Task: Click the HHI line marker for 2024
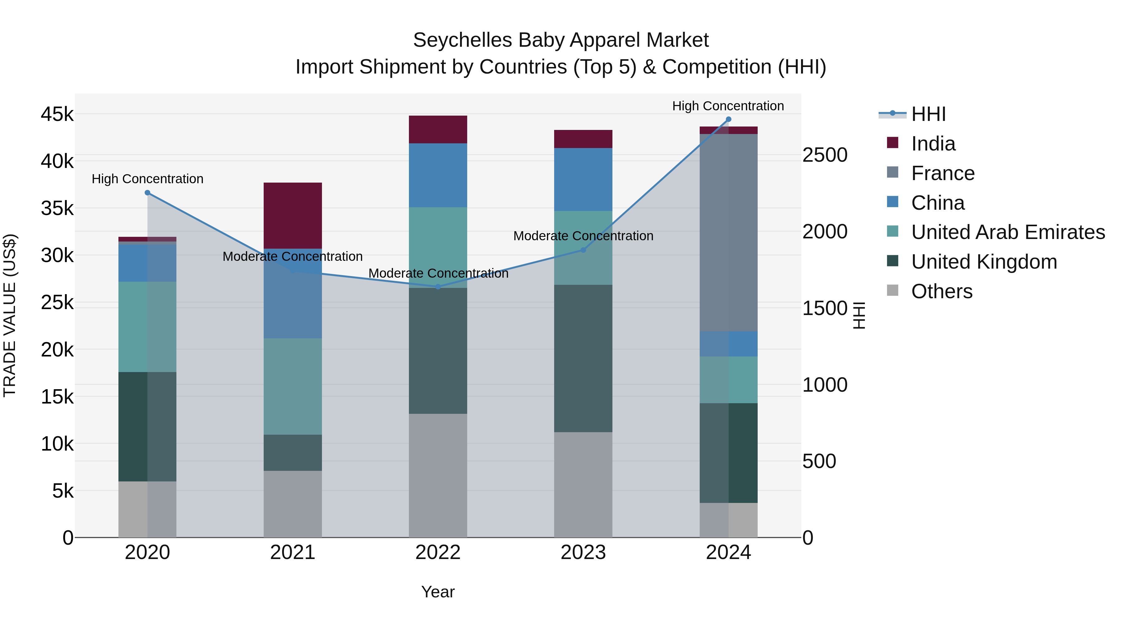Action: pos(728,119)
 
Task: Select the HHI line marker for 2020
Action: pos(147,193)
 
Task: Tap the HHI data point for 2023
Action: pos(583,250)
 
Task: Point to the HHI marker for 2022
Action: pos(438,287)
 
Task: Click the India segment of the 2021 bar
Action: pos(293,216)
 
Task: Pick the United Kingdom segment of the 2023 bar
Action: pos(583,358)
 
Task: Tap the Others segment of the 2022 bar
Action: pos(438,475)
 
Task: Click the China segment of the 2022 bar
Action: pos(438,175)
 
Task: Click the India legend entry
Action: pos(933,144)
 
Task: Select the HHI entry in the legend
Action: pos(928,114)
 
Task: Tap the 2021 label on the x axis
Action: pos(293,552)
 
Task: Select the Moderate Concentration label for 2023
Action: pos(583,236)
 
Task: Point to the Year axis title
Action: pos(438,592)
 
